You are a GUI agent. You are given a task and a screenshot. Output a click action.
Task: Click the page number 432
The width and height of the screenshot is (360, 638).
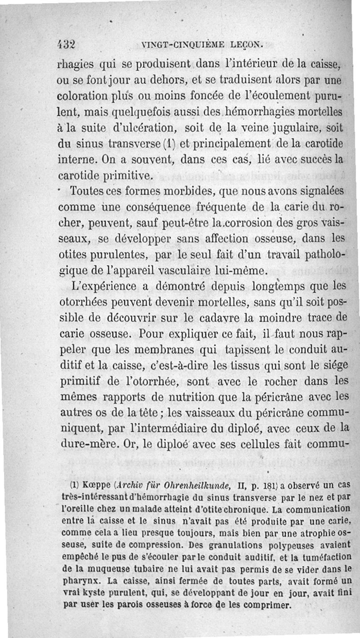(x=66, y=44)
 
